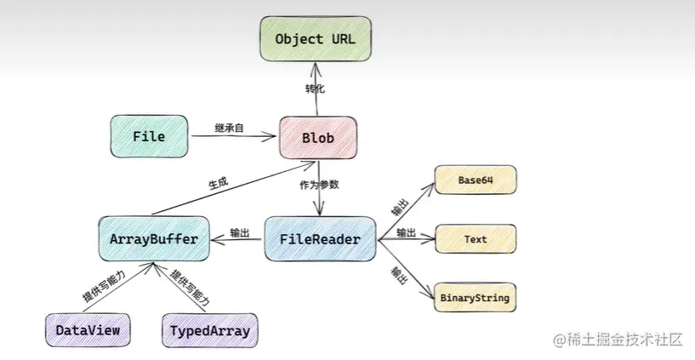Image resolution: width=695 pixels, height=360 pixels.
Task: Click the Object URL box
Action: (316, 38)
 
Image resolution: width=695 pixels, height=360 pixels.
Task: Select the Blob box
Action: (318, 137)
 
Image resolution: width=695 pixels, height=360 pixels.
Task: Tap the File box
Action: (149, 136)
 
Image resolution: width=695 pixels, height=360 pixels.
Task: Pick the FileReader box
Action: (320, 239)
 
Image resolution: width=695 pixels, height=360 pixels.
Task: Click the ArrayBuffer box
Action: (154, 239)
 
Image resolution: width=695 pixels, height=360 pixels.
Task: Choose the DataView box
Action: (88, 330)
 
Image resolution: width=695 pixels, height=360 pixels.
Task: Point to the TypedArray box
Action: (209, 331)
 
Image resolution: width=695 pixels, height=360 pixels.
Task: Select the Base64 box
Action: (476, 180)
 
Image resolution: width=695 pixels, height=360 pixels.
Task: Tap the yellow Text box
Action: (476, 239)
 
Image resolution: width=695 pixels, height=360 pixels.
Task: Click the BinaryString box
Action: (476, 298)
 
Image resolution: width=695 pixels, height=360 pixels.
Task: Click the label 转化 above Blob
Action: (315, 89)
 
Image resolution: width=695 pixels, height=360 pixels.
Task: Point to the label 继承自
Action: (229, 129)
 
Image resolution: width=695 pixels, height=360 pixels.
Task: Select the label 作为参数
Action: (319, 185)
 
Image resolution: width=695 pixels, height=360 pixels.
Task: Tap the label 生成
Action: (218, 183)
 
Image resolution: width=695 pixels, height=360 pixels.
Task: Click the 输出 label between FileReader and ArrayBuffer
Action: (240, 232)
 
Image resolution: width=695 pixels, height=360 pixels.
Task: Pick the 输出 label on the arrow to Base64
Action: (400, 207)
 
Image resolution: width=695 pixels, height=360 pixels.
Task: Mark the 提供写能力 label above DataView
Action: (104, 285)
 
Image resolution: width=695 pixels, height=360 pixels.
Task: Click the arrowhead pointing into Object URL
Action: (316, 66)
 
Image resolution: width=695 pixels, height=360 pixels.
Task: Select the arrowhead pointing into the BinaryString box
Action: (430, 294)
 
